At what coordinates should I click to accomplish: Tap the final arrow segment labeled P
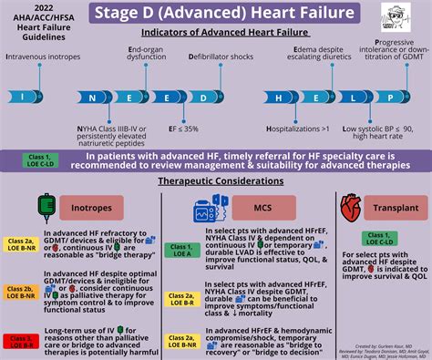coord(391,97)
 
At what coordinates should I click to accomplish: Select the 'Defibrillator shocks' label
coord(222,57)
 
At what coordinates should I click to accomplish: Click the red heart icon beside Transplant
coord(350,209)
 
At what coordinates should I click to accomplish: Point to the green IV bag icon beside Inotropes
coord(44,208)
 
